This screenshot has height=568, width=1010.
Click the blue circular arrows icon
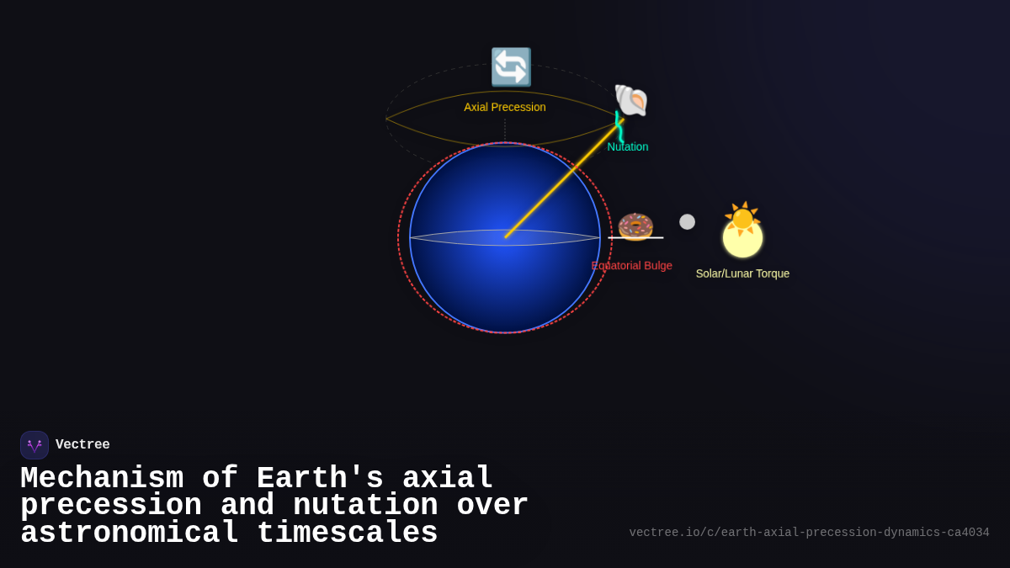511,67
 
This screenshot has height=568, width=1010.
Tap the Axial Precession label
505,107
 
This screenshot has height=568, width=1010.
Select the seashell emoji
630,100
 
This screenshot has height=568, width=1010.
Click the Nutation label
628,146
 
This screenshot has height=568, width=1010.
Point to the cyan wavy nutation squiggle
619,127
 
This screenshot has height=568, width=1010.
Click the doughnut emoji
635,226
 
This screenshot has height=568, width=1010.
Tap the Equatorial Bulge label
632,266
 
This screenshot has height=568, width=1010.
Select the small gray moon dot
688,221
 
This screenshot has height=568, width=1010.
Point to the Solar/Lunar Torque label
742,273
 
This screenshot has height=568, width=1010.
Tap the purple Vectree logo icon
35,445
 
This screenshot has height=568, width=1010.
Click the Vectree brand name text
82,445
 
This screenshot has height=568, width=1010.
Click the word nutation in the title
365,506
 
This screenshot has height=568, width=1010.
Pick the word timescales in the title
347,533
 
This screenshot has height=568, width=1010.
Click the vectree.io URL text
809,533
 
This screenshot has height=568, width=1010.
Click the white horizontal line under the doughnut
635,238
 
